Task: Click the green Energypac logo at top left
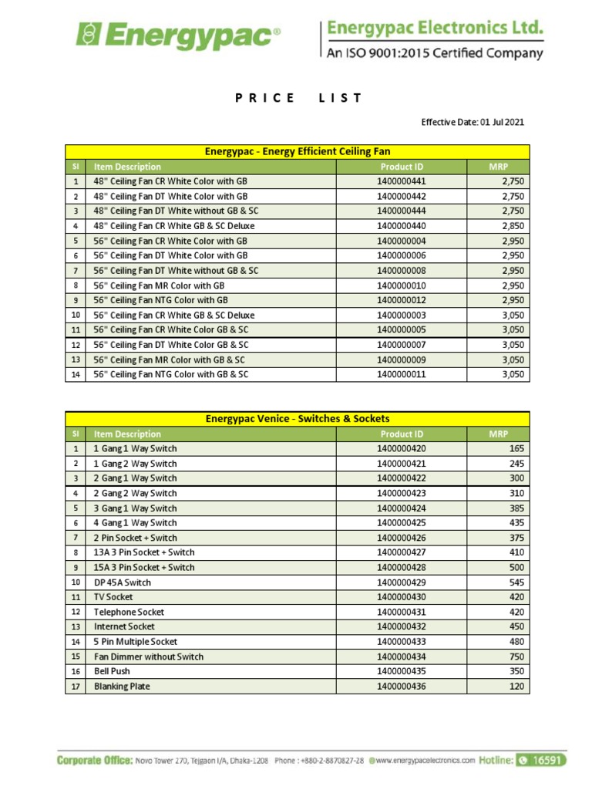(x=178, y=35)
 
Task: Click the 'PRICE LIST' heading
(x=298, y=98)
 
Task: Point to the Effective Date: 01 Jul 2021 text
(x=473, y=122)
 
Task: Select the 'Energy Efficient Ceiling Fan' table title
(x=298, y=151)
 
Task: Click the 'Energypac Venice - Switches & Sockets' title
(x=298, y=419)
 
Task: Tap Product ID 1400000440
(x=401, y=226)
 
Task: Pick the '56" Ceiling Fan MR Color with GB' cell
(x=159, y=285)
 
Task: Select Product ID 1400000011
(x=401, y=374)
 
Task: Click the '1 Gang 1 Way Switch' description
(x=135, y=449)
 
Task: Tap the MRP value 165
(x=516, y=449)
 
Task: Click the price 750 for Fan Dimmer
(x=516, y=657)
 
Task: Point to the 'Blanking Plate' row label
(x=122, y=687)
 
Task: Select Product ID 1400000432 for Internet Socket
(x=401, y=627)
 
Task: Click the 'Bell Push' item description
(x=112, y=671)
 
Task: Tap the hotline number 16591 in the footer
(x=548, y=760)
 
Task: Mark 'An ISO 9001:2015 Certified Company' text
(x=435, y=53)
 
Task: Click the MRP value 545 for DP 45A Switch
(x=516, y=582)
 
